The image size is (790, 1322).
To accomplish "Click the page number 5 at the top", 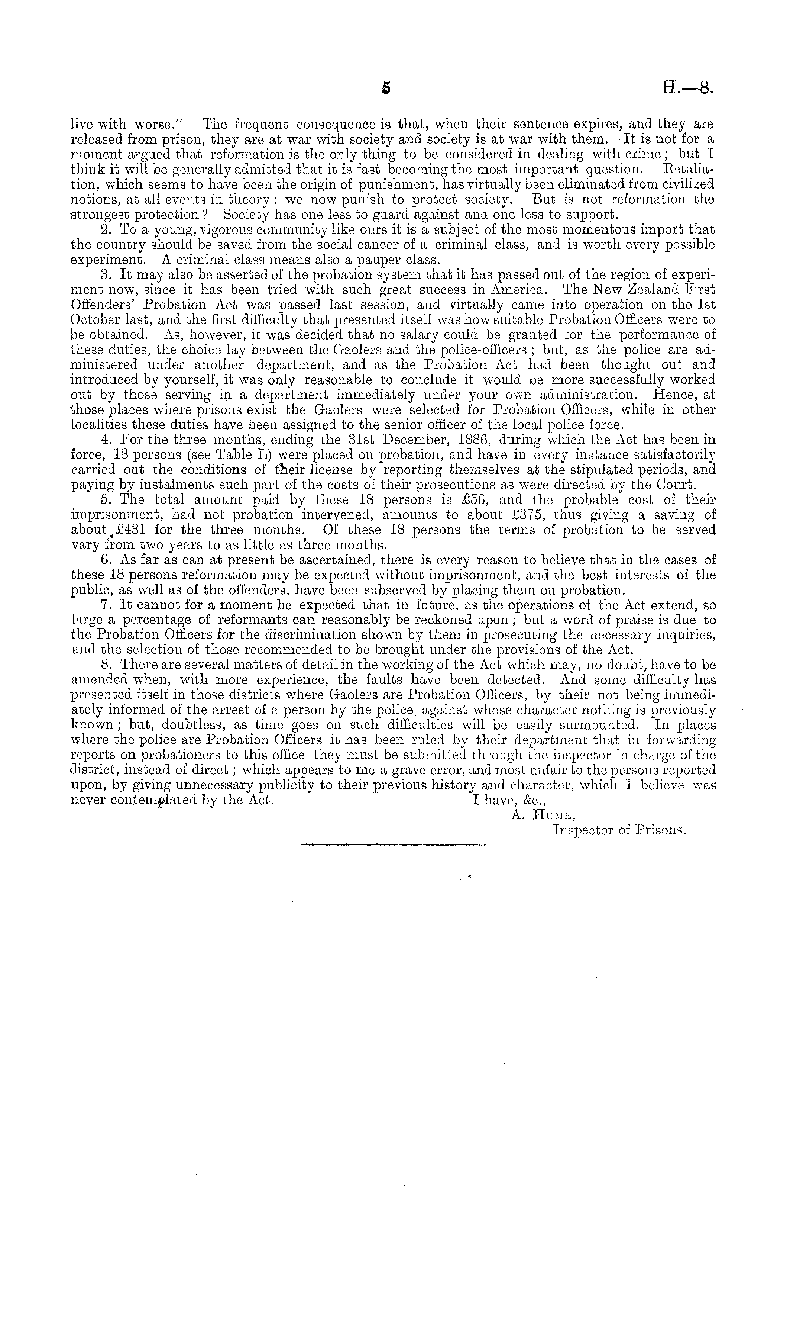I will pyautogui.click(x=386, y=89).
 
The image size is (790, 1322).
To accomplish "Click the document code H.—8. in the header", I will pyautogui.click(x=686, y=89).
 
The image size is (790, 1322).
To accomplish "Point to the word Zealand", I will pyautogui.click(x=644, y=290).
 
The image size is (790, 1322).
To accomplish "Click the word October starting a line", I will pyautogui.click(x=94, y=320).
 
